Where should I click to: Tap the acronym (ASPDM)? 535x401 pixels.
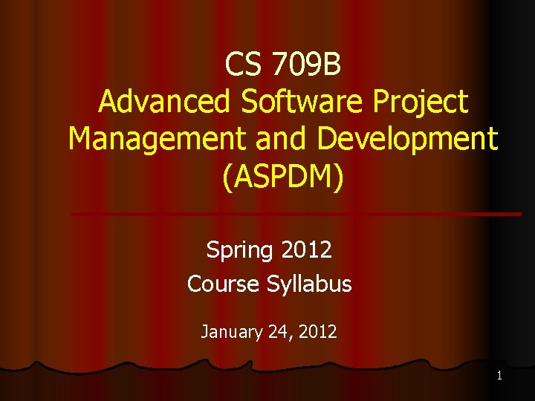point(283,177)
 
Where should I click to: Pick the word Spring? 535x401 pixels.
point(240,250)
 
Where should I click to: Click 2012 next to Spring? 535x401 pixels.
point(307,250)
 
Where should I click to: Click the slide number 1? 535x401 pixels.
point(499,376)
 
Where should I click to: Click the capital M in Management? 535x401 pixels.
point(80,139)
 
